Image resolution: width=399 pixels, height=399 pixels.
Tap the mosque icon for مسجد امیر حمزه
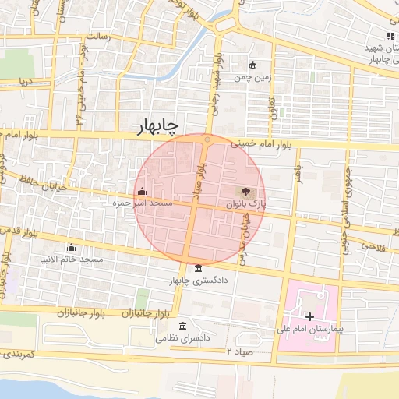[x=142, y=192]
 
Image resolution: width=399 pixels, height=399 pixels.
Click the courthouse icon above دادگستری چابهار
[x=197, y=269]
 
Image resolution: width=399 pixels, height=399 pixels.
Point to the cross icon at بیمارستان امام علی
[x=310, y=316]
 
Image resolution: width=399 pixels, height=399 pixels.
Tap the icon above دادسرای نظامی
[x=182, y=326]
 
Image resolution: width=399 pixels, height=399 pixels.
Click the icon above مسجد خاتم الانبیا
[x=72, y=247]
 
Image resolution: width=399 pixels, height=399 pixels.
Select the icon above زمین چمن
[x=252, y=65]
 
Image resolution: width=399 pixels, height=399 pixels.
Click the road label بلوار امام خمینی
[x=265, y=145]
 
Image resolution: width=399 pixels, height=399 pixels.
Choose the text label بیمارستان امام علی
[x=309, y=330]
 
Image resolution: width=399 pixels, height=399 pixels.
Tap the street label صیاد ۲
[x=241, y=351]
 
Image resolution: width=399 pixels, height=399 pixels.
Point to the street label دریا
[x=26, y=80]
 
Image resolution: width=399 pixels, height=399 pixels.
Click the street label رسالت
[x=97, y=37]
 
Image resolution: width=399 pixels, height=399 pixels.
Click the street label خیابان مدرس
[x=248, y=234]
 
